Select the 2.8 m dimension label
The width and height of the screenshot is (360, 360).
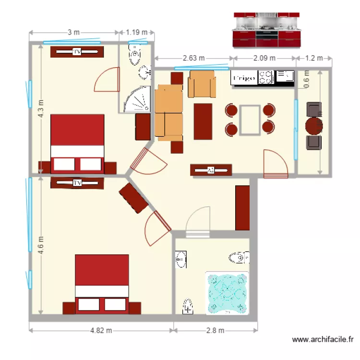[216, 330]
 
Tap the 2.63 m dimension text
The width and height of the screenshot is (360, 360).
[193, 58]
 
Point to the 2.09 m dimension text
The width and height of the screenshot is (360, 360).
[264, 58]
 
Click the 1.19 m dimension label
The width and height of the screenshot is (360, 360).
[136, 33]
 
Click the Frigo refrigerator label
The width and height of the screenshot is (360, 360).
[244, 78]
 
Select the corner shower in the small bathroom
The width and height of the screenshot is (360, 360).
[136, 100]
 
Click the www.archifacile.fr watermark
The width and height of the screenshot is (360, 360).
[323, 340]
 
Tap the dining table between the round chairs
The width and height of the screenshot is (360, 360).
[250, 120]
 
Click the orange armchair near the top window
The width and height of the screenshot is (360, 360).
[202, 84]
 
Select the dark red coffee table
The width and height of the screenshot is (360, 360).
[203, 121]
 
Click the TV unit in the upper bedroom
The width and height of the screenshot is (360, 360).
[76, 52]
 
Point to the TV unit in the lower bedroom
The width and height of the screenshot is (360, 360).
[77, 183]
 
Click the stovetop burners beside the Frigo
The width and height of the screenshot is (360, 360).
[266, 77]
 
